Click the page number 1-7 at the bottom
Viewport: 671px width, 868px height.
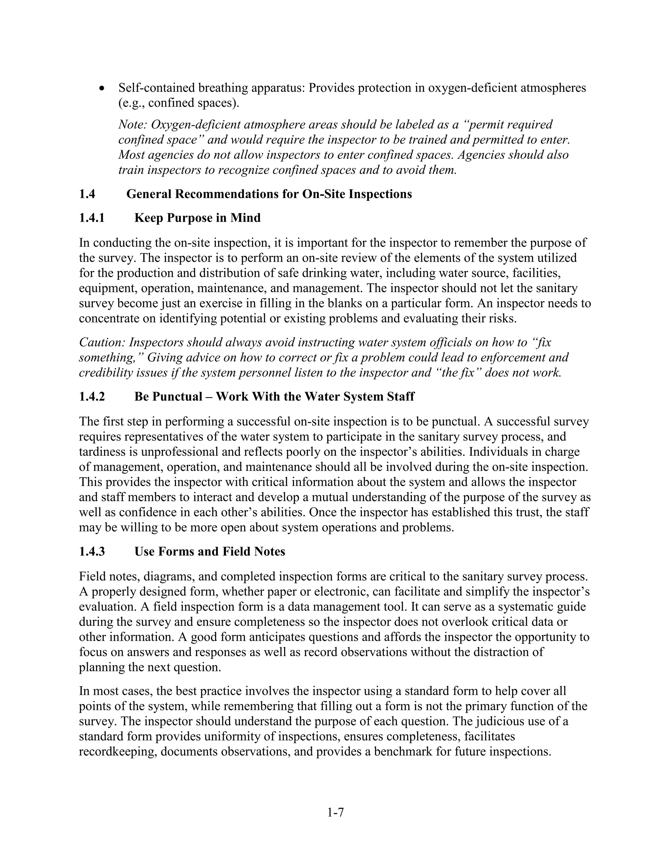[335, 813]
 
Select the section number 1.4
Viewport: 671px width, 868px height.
[87, 194]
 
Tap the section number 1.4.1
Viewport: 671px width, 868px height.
[92, 218]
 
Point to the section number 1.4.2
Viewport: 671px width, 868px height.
[92, 397]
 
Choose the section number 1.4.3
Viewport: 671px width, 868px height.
[92, 552]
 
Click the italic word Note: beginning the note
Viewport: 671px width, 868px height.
[133, 125]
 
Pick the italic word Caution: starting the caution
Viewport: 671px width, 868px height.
[102, 343]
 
